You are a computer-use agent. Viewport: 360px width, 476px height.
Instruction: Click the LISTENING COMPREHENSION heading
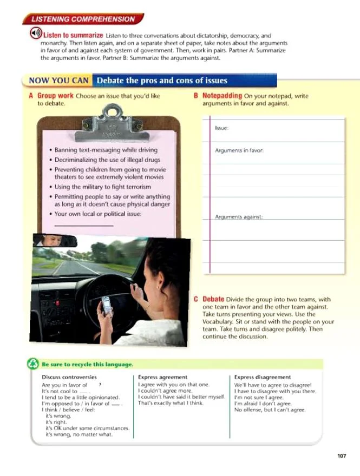82,19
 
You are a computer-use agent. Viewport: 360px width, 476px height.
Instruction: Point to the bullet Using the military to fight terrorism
104,187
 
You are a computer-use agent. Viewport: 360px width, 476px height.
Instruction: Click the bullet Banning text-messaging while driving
106,150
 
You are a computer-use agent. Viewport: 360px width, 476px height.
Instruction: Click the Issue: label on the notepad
222,128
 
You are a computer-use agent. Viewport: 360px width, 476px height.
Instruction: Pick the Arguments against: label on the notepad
239,217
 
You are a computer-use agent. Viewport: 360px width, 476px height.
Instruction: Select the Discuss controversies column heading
69,377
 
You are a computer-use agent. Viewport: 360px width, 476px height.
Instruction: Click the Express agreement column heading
162,377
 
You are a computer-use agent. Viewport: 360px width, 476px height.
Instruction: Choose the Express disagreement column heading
263,377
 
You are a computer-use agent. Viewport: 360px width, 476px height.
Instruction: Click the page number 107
341,455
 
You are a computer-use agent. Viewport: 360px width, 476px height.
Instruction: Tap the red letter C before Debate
197,299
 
